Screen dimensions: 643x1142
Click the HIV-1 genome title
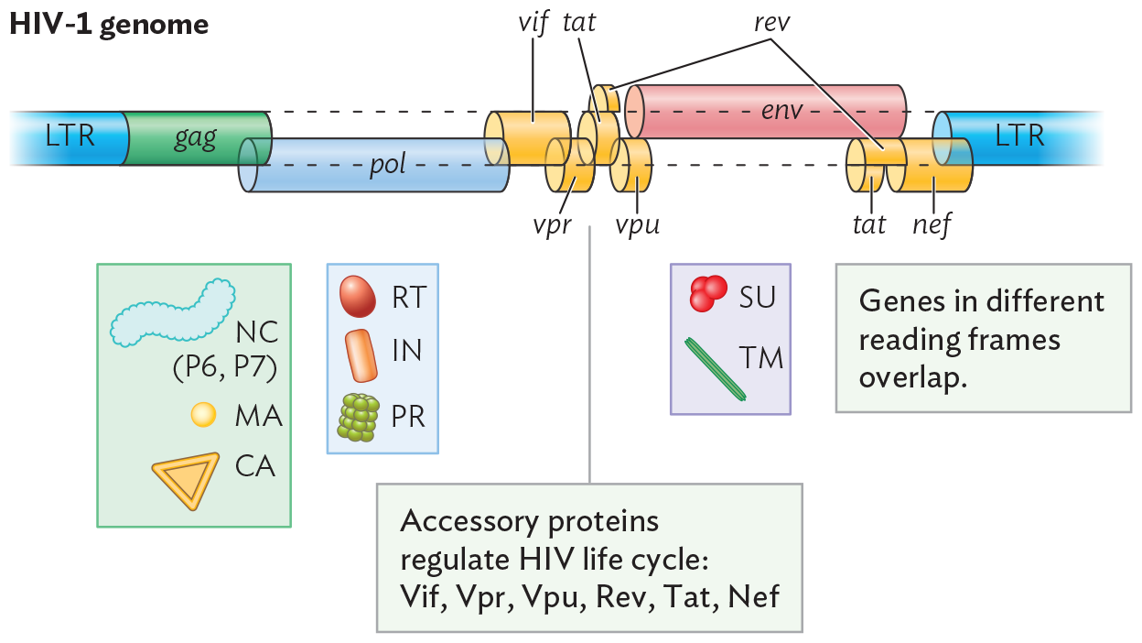(109, 25)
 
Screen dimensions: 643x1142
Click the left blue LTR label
(70, 137)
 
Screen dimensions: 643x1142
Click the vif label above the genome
(533, 23)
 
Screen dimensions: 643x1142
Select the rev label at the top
(771, 23)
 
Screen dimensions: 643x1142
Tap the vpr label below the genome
(553, 223)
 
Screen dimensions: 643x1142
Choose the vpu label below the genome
(637, 223)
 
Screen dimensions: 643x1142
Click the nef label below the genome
(932, 223)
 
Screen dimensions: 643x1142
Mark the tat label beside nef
(868, 223)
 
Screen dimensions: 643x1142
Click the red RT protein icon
(358, 297)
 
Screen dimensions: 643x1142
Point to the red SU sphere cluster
(707, 293)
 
